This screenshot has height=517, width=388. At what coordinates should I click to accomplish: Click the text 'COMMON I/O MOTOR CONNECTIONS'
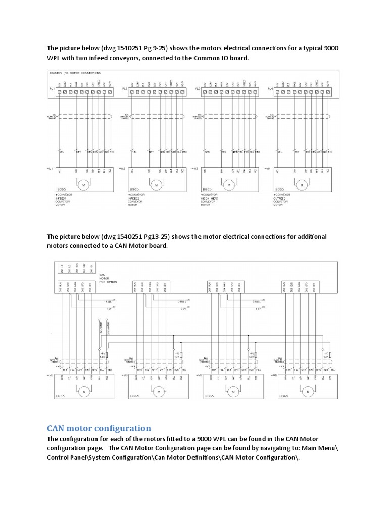click(x=74, y=73)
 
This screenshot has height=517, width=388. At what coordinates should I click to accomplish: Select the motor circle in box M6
click(x=157, y=390)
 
